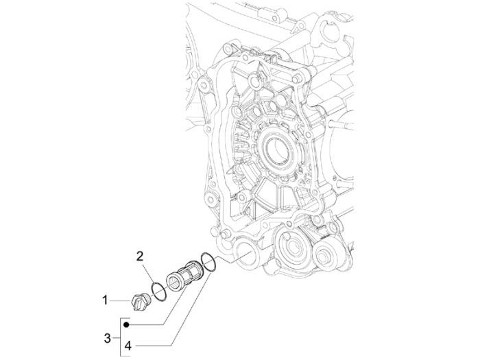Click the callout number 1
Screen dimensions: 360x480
coord(106,300)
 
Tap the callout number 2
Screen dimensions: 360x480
coord(139,257)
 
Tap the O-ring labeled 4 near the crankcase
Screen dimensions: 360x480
coord(208,262)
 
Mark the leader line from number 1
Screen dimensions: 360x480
coord(119,300)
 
